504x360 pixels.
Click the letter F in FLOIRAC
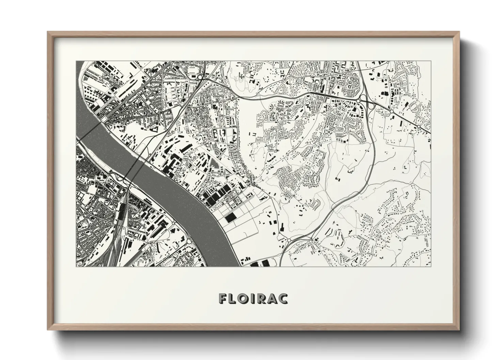pyautogui.click(x=224, y=298)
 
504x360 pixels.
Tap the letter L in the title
pyautogui.click(x=234, y=298)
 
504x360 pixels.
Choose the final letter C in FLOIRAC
pyautogui.click(x=284, y=298)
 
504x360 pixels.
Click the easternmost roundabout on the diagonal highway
pyautogui.click(x=418, y=127)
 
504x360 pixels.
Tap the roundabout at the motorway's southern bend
pyautogui.click(x=289, y=240)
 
